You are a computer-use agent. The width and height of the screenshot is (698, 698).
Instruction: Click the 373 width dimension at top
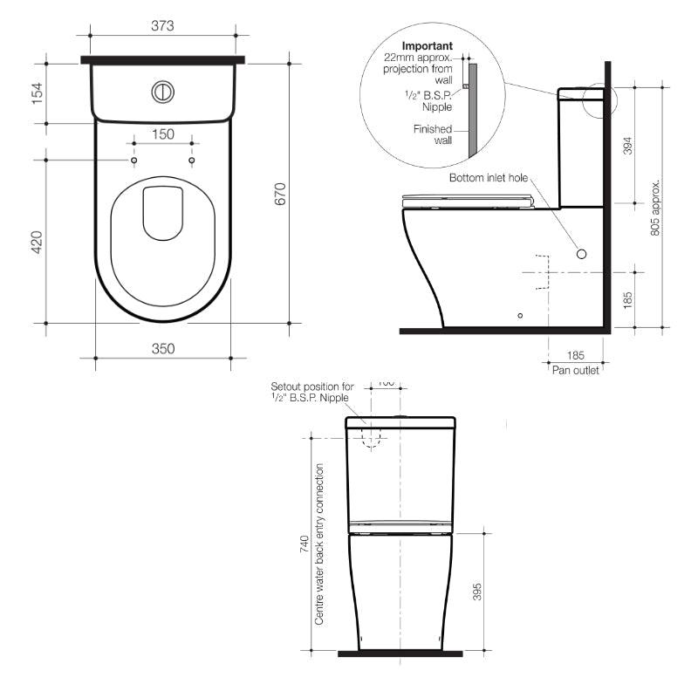pyautogui.click(x=162, y=26)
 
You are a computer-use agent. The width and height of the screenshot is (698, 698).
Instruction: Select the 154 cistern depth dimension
pyautogui.click(x=38, y=92)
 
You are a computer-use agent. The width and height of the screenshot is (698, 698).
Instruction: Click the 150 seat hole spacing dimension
pyautogui.click(x=163, y=134)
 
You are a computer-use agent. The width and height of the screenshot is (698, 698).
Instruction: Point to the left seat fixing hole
pyautogui.click(x=134, y=161)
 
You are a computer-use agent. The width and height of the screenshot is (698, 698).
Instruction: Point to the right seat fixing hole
pyautogui.click(x=191, y=161)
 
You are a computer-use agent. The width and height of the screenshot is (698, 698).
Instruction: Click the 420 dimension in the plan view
pyautogui.click(x=38, y=242)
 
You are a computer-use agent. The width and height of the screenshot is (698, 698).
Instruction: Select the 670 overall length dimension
pyautogui.click(x=280, y=194)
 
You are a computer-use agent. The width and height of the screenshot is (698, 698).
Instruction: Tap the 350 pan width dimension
pyautogui.click(x=163, y=348)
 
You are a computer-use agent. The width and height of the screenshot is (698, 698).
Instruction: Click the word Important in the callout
pyautogui.click(x=427, y=45)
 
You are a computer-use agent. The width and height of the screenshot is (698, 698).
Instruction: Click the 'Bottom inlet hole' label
pyautogui.click(x=489, y=177)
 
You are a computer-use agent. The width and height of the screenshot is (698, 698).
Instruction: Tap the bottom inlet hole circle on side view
pyautogui.click(x=582, y=253)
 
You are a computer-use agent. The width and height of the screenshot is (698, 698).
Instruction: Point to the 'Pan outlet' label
pyautogui.click(x=575, y=369)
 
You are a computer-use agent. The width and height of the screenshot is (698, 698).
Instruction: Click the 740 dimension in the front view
pyautogui.click(x=304, y=545)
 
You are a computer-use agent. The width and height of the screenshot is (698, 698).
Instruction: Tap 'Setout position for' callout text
pyautogui.click(x=311, y=386)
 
